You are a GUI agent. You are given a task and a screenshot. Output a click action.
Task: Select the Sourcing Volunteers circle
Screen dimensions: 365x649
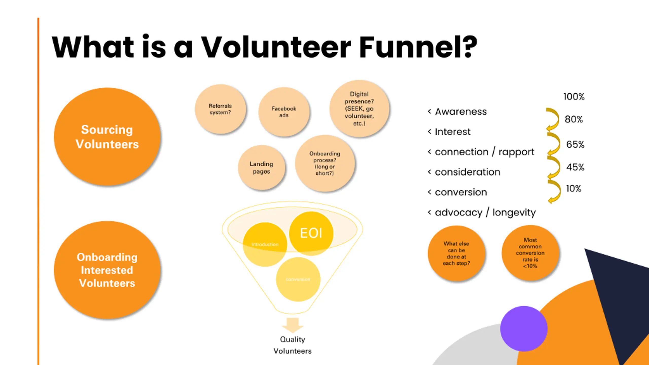[107, 137]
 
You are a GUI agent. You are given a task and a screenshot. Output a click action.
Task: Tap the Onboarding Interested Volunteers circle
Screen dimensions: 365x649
[107, 270]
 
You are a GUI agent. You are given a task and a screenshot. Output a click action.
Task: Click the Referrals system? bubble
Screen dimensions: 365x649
[220, 109]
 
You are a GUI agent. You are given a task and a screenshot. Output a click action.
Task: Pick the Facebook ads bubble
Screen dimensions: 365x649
[284, 112]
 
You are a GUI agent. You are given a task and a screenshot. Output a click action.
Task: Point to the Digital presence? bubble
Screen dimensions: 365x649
[359, 109]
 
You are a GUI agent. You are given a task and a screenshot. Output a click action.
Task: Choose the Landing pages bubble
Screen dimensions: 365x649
[261, 168]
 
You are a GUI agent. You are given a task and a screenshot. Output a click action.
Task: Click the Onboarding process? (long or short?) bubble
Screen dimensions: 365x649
[325, 163]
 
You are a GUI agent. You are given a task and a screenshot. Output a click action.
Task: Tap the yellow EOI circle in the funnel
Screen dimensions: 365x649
[311, 233]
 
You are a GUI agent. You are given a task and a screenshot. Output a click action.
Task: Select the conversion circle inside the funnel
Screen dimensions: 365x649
[298, 279]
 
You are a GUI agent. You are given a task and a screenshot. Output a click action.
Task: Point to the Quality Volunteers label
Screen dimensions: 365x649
[293, 345]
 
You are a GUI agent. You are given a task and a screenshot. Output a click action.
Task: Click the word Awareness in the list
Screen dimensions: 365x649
[461, 112]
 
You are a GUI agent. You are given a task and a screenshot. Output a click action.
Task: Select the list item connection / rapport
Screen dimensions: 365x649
[484, 152]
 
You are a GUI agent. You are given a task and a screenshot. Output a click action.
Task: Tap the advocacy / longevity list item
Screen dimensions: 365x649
[485, 212]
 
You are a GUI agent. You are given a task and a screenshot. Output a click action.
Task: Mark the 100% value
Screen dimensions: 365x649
[574, 97]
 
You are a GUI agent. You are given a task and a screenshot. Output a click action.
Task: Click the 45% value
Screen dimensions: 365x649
[575, 167]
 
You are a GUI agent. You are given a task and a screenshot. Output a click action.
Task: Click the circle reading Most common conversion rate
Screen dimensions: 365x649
[530, 253]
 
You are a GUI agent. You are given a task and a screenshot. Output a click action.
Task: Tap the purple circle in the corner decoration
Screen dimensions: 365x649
[524, 329]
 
